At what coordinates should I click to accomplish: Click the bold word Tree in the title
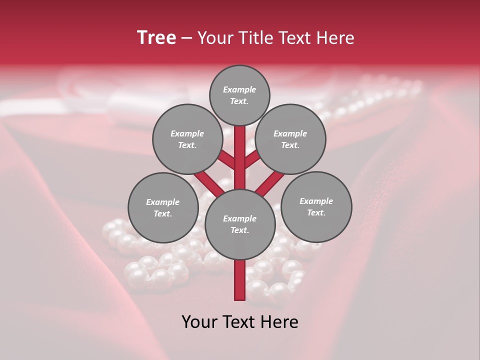point(156,38)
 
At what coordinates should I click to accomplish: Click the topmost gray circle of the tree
point(239,95)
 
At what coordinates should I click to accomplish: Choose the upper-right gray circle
point(290,139)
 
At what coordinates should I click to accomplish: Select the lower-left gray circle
point(163,207)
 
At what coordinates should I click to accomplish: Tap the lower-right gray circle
point(316,206)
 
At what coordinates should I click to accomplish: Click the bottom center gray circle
point(240,224)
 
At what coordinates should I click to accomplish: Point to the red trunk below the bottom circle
point(240,280)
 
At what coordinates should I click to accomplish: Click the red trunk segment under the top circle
point(240,150)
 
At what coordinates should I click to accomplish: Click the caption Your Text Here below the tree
point(240,322)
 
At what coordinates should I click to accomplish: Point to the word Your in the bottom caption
point(198,322)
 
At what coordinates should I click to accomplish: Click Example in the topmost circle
point(239,89)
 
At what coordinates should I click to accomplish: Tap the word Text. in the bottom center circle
point(239,230)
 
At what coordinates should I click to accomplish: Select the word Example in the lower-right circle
point(316,201)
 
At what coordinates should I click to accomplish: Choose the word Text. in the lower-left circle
point(162,214)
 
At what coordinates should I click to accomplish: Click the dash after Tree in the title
point(186,38)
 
